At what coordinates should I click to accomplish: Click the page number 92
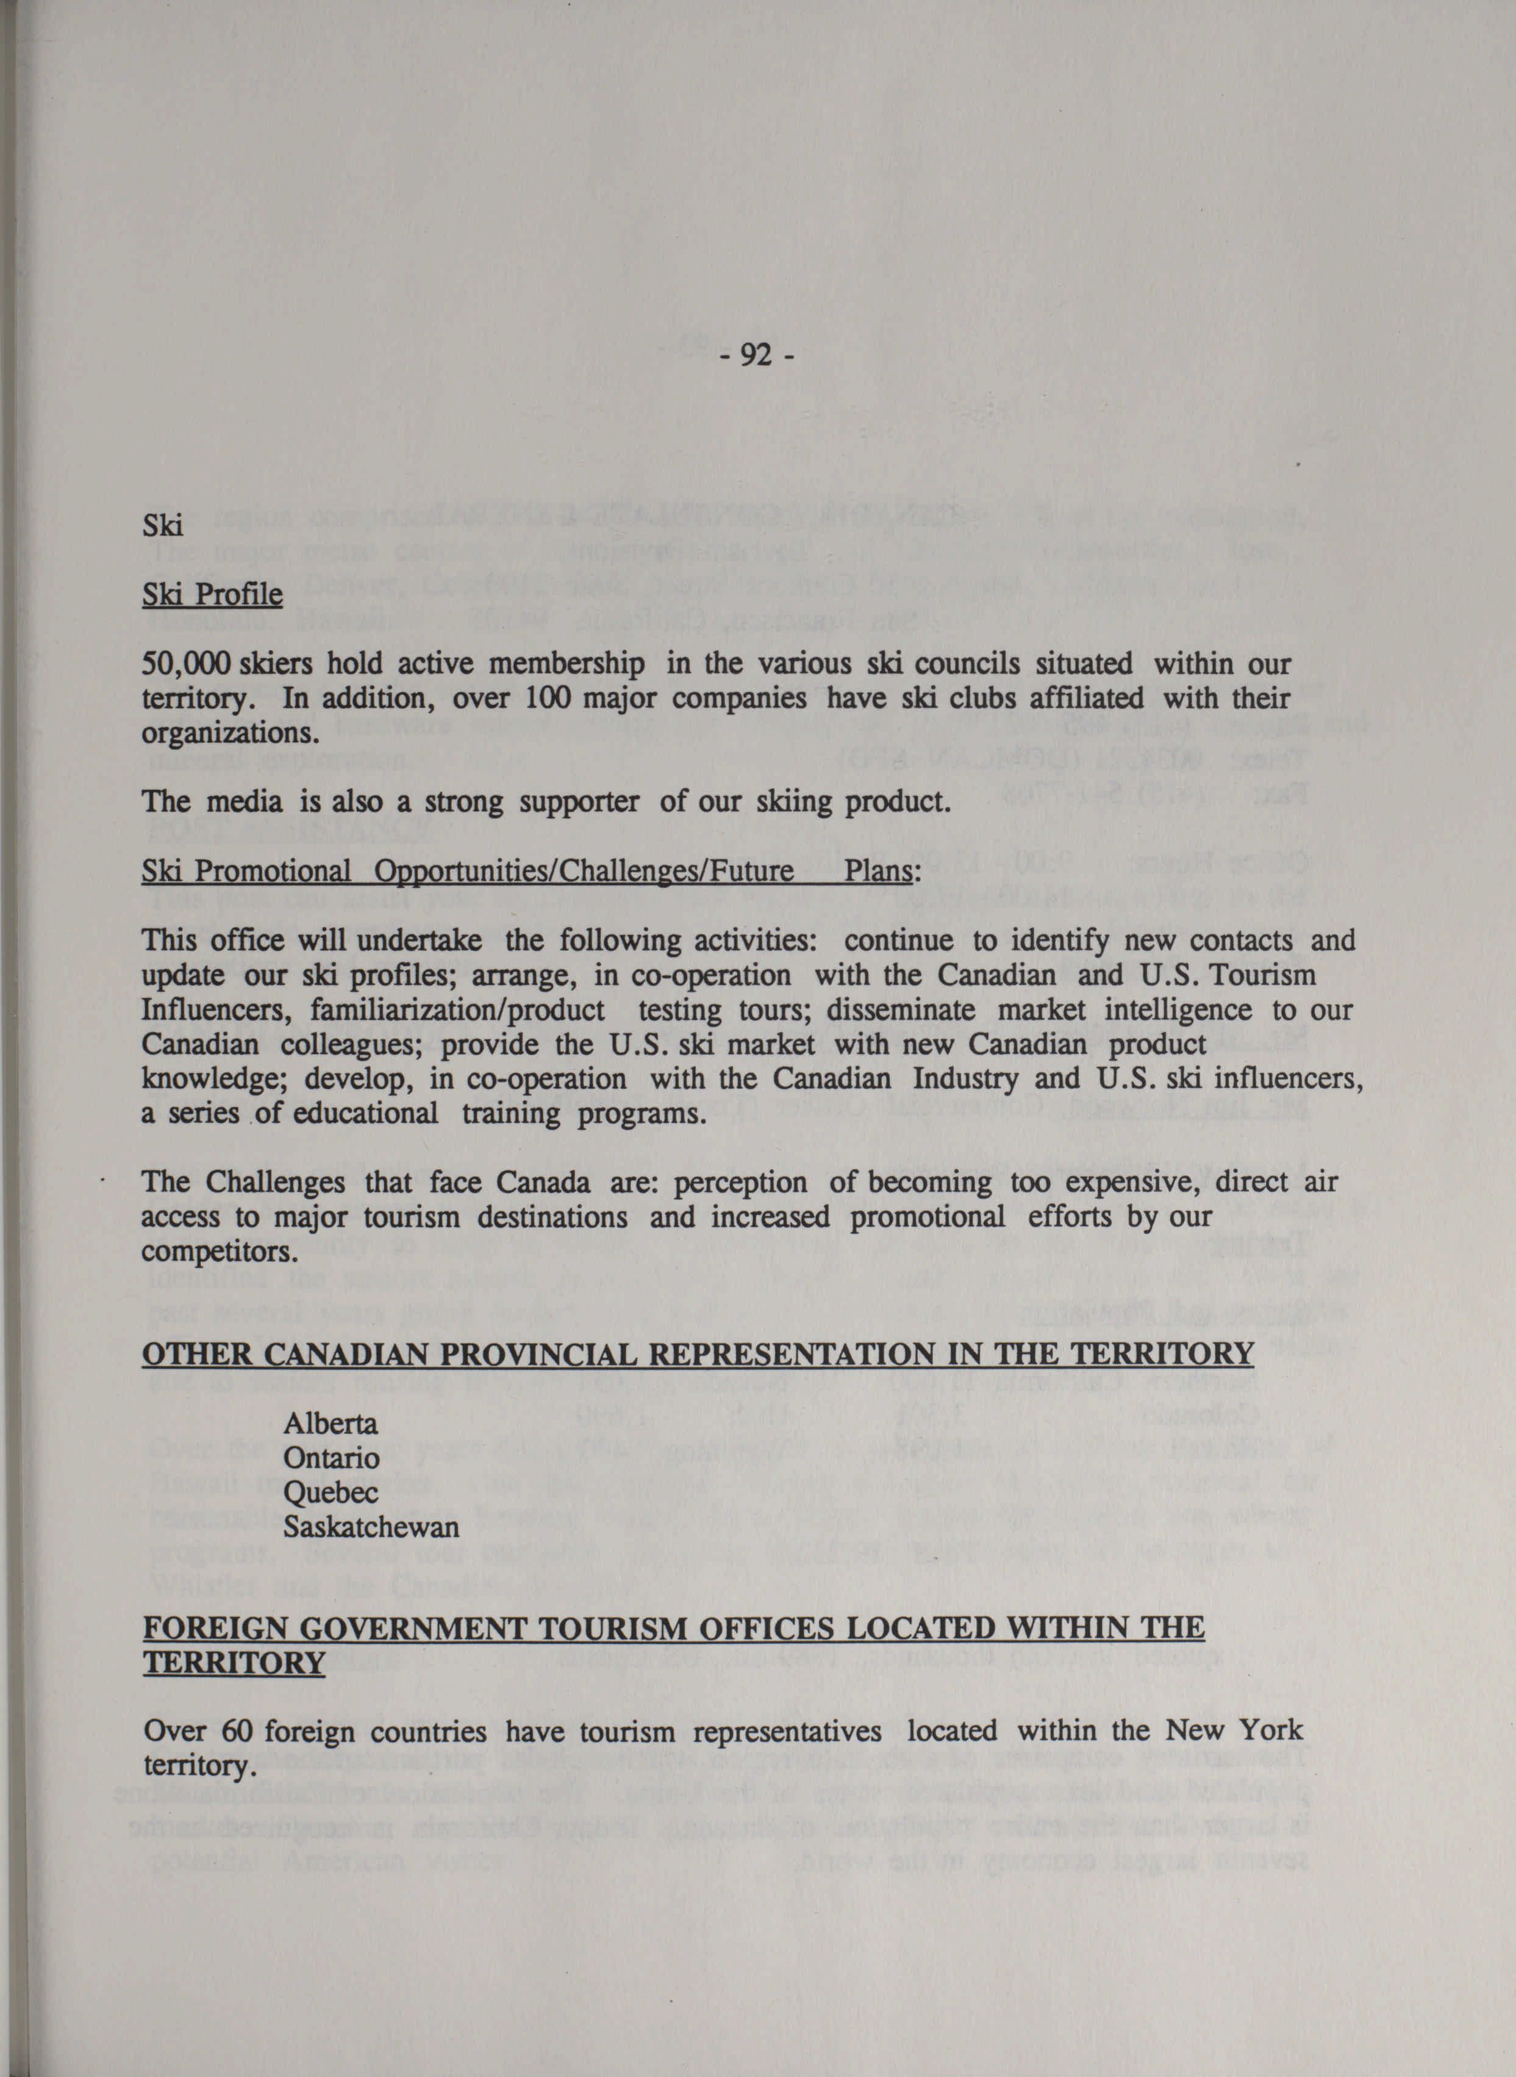756,354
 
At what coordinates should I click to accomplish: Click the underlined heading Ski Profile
212,595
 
